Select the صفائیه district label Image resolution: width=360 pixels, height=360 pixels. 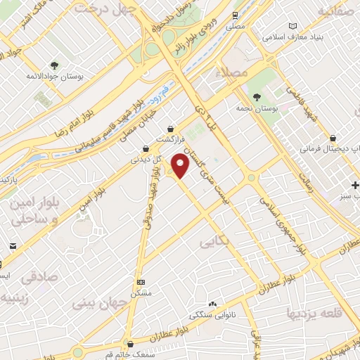337,11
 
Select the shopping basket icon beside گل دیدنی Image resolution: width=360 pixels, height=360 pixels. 145,148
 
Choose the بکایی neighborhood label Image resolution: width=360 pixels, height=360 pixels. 215,242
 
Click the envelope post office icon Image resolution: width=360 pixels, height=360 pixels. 14,245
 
